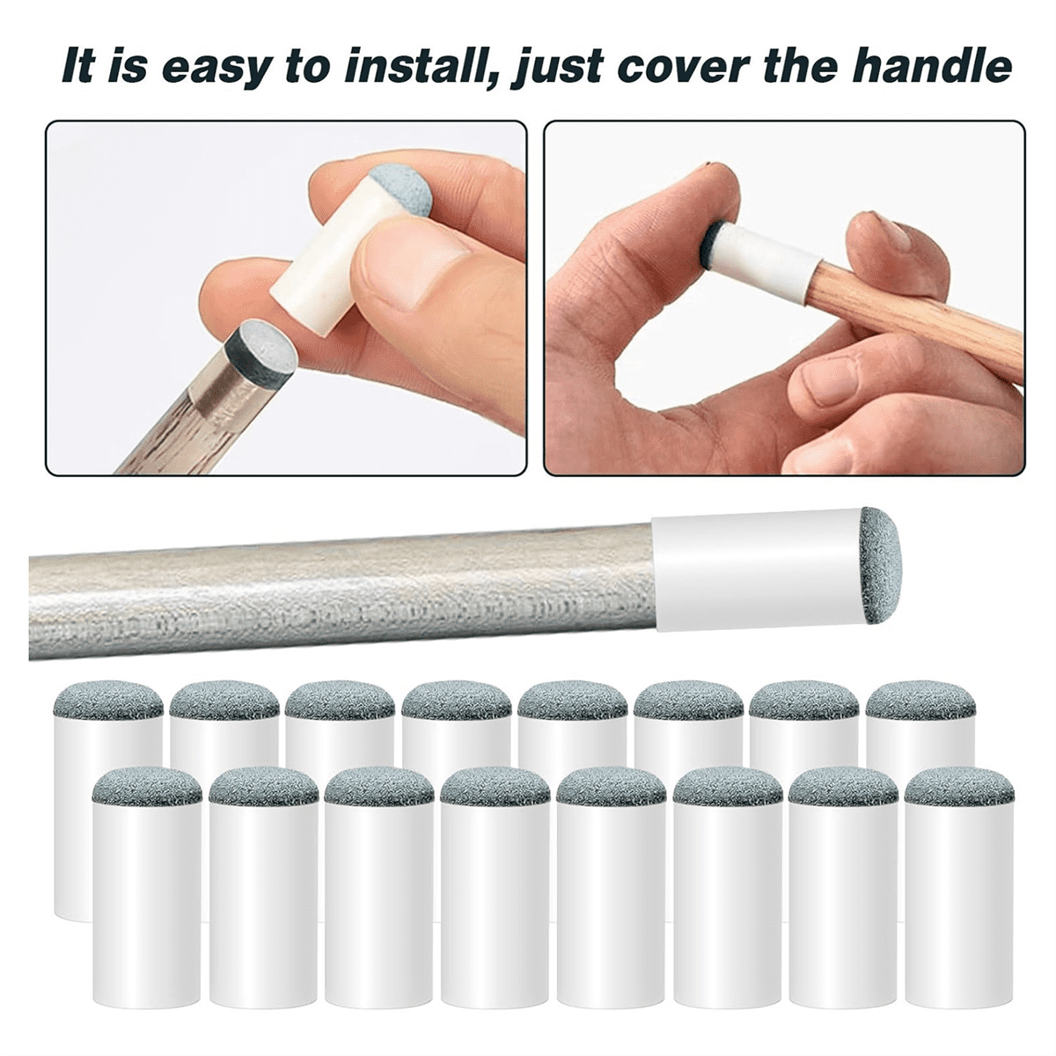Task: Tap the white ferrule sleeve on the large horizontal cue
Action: pyautogui.click(x=757, y=572)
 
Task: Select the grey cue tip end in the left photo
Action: pyautogui.click(x=260, y=350)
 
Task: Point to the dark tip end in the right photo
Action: pyautogui.click(x=715, y=238)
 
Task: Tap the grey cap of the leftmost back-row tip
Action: pyautogui.click(x=108, y=700)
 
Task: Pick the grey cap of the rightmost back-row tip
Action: pyautogui.click(x=920, y=700)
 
